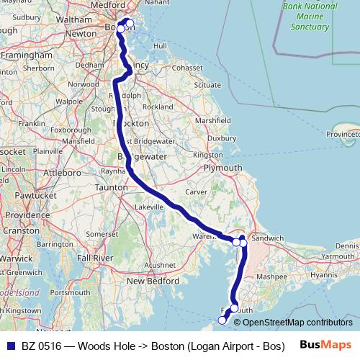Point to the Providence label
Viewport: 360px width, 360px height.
29,215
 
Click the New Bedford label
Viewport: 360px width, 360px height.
149,280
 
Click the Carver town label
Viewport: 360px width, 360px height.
196,192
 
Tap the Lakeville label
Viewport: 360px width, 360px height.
149,206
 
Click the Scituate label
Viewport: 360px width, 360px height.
207,84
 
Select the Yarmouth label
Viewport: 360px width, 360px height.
338,256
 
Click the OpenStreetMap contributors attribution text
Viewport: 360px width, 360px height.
297,323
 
